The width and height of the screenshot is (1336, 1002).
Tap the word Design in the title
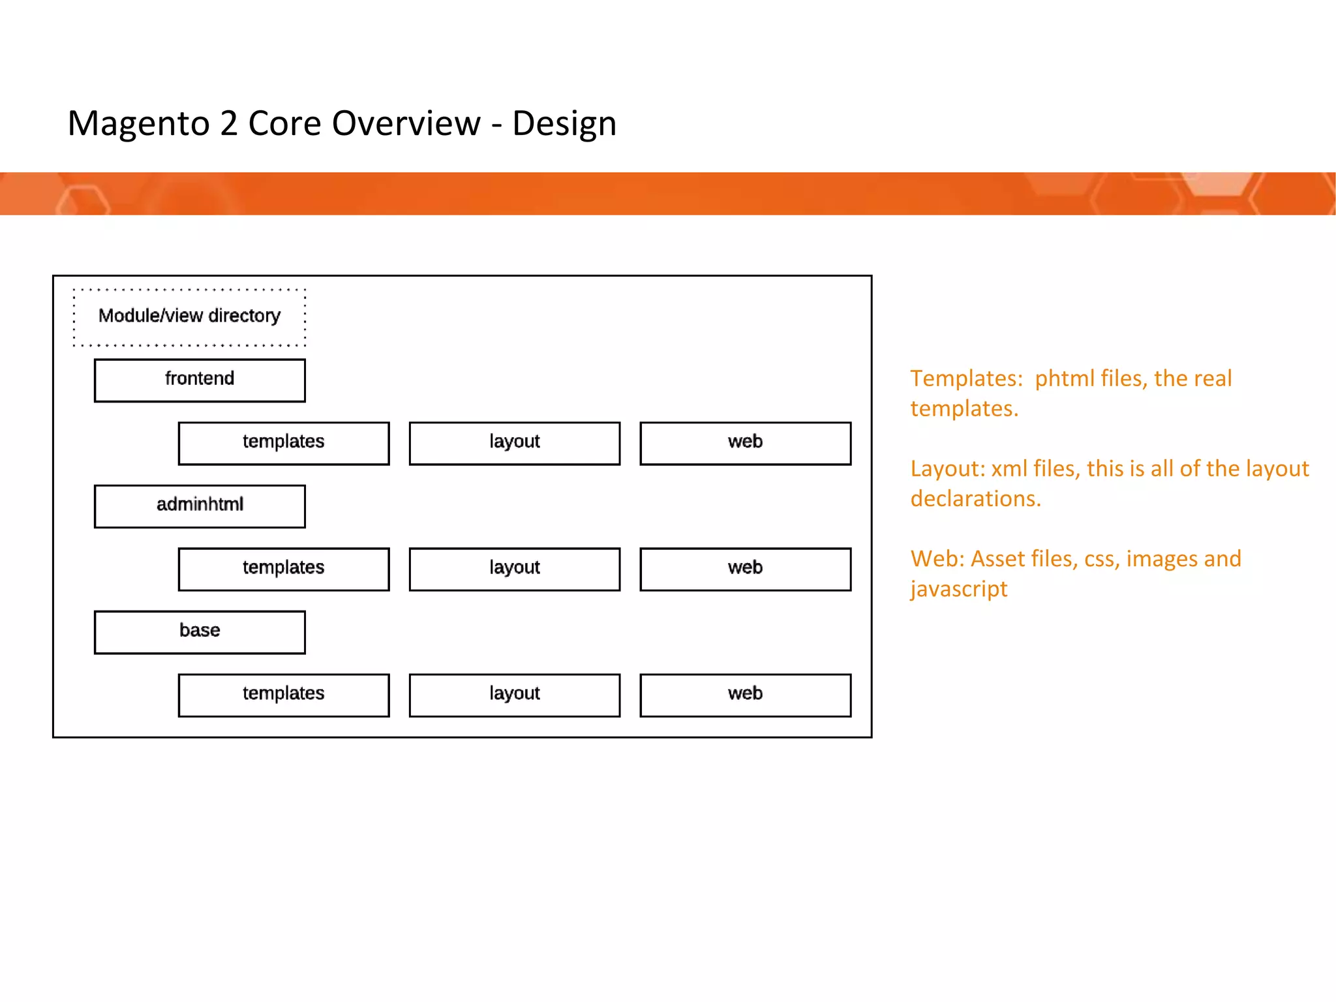[x=564, y=124]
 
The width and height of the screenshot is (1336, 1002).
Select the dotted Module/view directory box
[x=189, y=316]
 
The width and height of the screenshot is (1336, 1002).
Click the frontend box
[x=200, y=380]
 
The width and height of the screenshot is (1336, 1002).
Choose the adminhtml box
[x=200, y=506]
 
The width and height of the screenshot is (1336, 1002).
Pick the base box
[x=200, y=631]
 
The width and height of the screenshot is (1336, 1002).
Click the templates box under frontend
[x=284, y=443]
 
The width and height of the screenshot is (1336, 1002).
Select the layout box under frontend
[x=515, y=443]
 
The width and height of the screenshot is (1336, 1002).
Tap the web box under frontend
[x=746, y=443]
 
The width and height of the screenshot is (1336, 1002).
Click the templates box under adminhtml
[x=284, y=569]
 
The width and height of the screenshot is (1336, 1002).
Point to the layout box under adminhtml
[x=515, y=569]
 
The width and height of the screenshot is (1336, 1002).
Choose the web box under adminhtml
[x=746, y=569]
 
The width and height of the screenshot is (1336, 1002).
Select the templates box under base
[x=284, y=695]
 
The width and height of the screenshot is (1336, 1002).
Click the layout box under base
[x=515, y=695]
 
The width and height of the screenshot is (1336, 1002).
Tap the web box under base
[x=746, y=695]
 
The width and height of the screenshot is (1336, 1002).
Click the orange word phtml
[x=1064, y=379]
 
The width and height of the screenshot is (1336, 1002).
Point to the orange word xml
[x=1009, y=469]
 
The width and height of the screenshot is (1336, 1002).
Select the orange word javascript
[x=959, y=589]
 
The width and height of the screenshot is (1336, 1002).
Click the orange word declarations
[x=975, y=499]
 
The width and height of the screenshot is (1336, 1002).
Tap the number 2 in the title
[x=228, y=124]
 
